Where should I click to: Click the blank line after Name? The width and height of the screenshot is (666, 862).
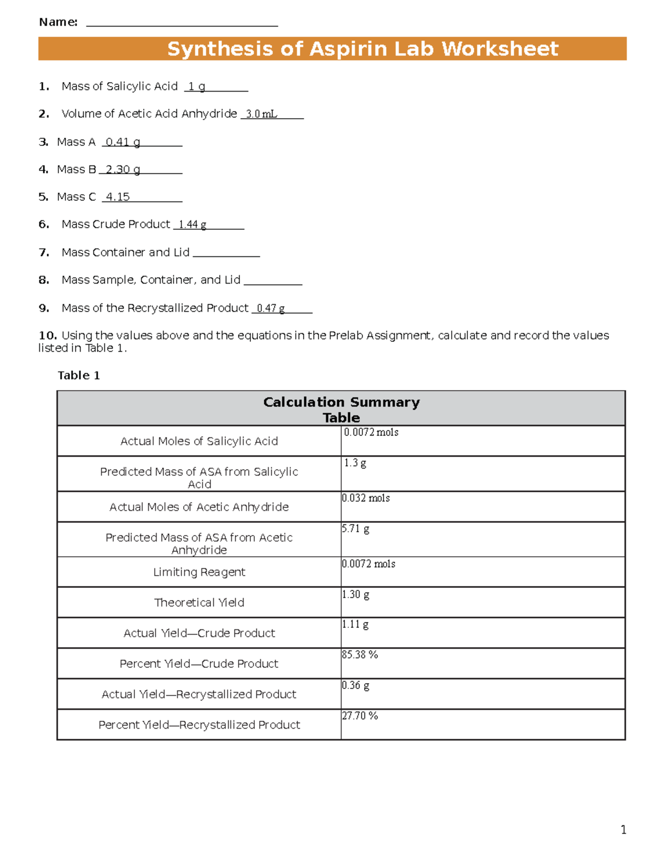(182, 24)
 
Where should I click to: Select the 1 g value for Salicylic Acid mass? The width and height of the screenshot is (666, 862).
(196, 87)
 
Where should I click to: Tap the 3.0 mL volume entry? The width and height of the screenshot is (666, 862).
(261, 114)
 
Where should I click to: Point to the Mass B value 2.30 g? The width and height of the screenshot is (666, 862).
(123, 169)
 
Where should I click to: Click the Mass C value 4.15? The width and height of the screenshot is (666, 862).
(118, 197)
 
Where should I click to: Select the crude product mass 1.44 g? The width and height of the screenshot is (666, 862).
(193, 224)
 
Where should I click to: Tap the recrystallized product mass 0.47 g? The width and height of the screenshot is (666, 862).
(271, 308)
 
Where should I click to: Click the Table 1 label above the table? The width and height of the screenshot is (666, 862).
(79, 376)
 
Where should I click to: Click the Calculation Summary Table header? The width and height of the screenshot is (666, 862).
(341, 409)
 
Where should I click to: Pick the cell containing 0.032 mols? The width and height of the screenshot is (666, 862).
(366, 498)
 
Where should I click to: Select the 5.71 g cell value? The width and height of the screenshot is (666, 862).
(356, 529)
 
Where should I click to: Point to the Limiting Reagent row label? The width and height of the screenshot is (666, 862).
(199, 572)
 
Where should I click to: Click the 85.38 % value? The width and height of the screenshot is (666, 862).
(360, 655)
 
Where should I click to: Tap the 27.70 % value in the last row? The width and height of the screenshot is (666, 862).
(360, 716)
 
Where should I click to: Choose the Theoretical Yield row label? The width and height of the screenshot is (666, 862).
(199, 603)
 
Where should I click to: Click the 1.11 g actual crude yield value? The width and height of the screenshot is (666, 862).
(356, 624)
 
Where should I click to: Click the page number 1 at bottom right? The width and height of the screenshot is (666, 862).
(623, 830)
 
